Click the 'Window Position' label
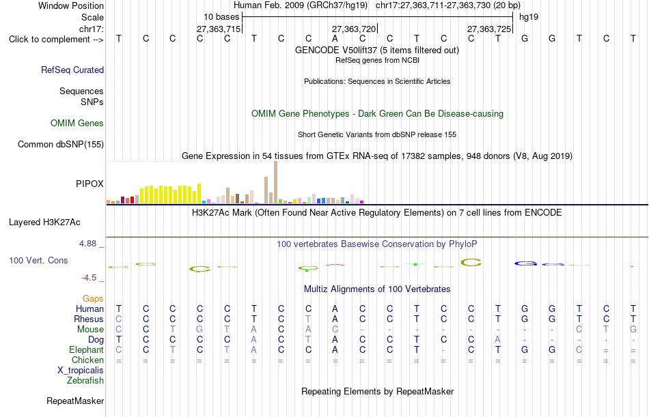point(71,5)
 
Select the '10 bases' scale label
point(221,17)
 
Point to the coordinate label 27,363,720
point(354,29)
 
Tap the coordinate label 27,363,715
point(219,29)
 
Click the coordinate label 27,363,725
point(489,29)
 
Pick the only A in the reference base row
point(335,38)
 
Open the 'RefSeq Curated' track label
point(72,70)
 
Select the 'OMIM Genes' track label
point(77,124)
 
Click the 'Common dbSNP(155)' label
point(61,145)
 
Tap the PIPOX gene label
point(89,184)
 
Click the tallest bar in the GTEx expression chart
point(276,182)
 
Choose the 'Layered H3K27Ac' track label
point(44,222)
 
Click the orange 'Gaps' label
point(93,299)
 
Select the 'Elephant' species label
point(87,350)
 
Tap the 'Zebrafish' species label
point(85,381)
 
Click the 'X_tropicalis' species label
point(81,371)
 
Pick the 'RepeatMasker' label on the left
point(75,401)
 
